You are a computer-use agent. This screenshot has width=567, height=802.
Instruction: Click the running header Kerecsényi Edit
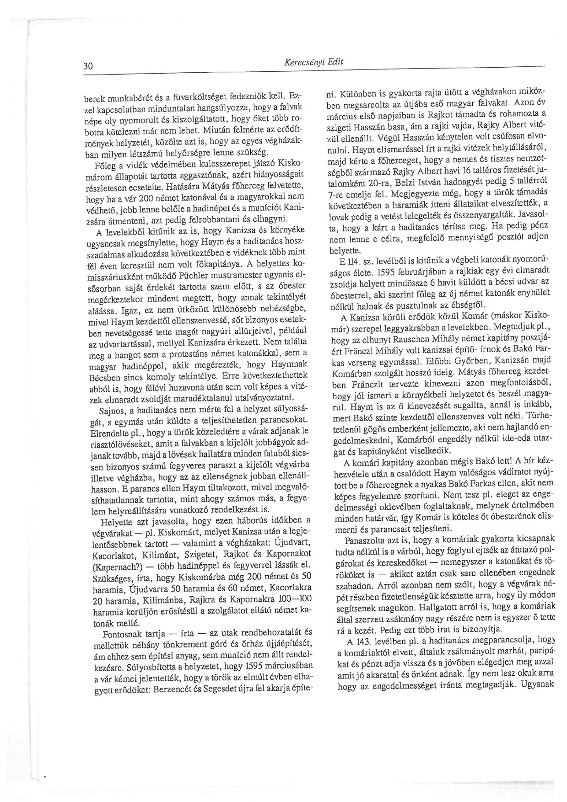point(313,62)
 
